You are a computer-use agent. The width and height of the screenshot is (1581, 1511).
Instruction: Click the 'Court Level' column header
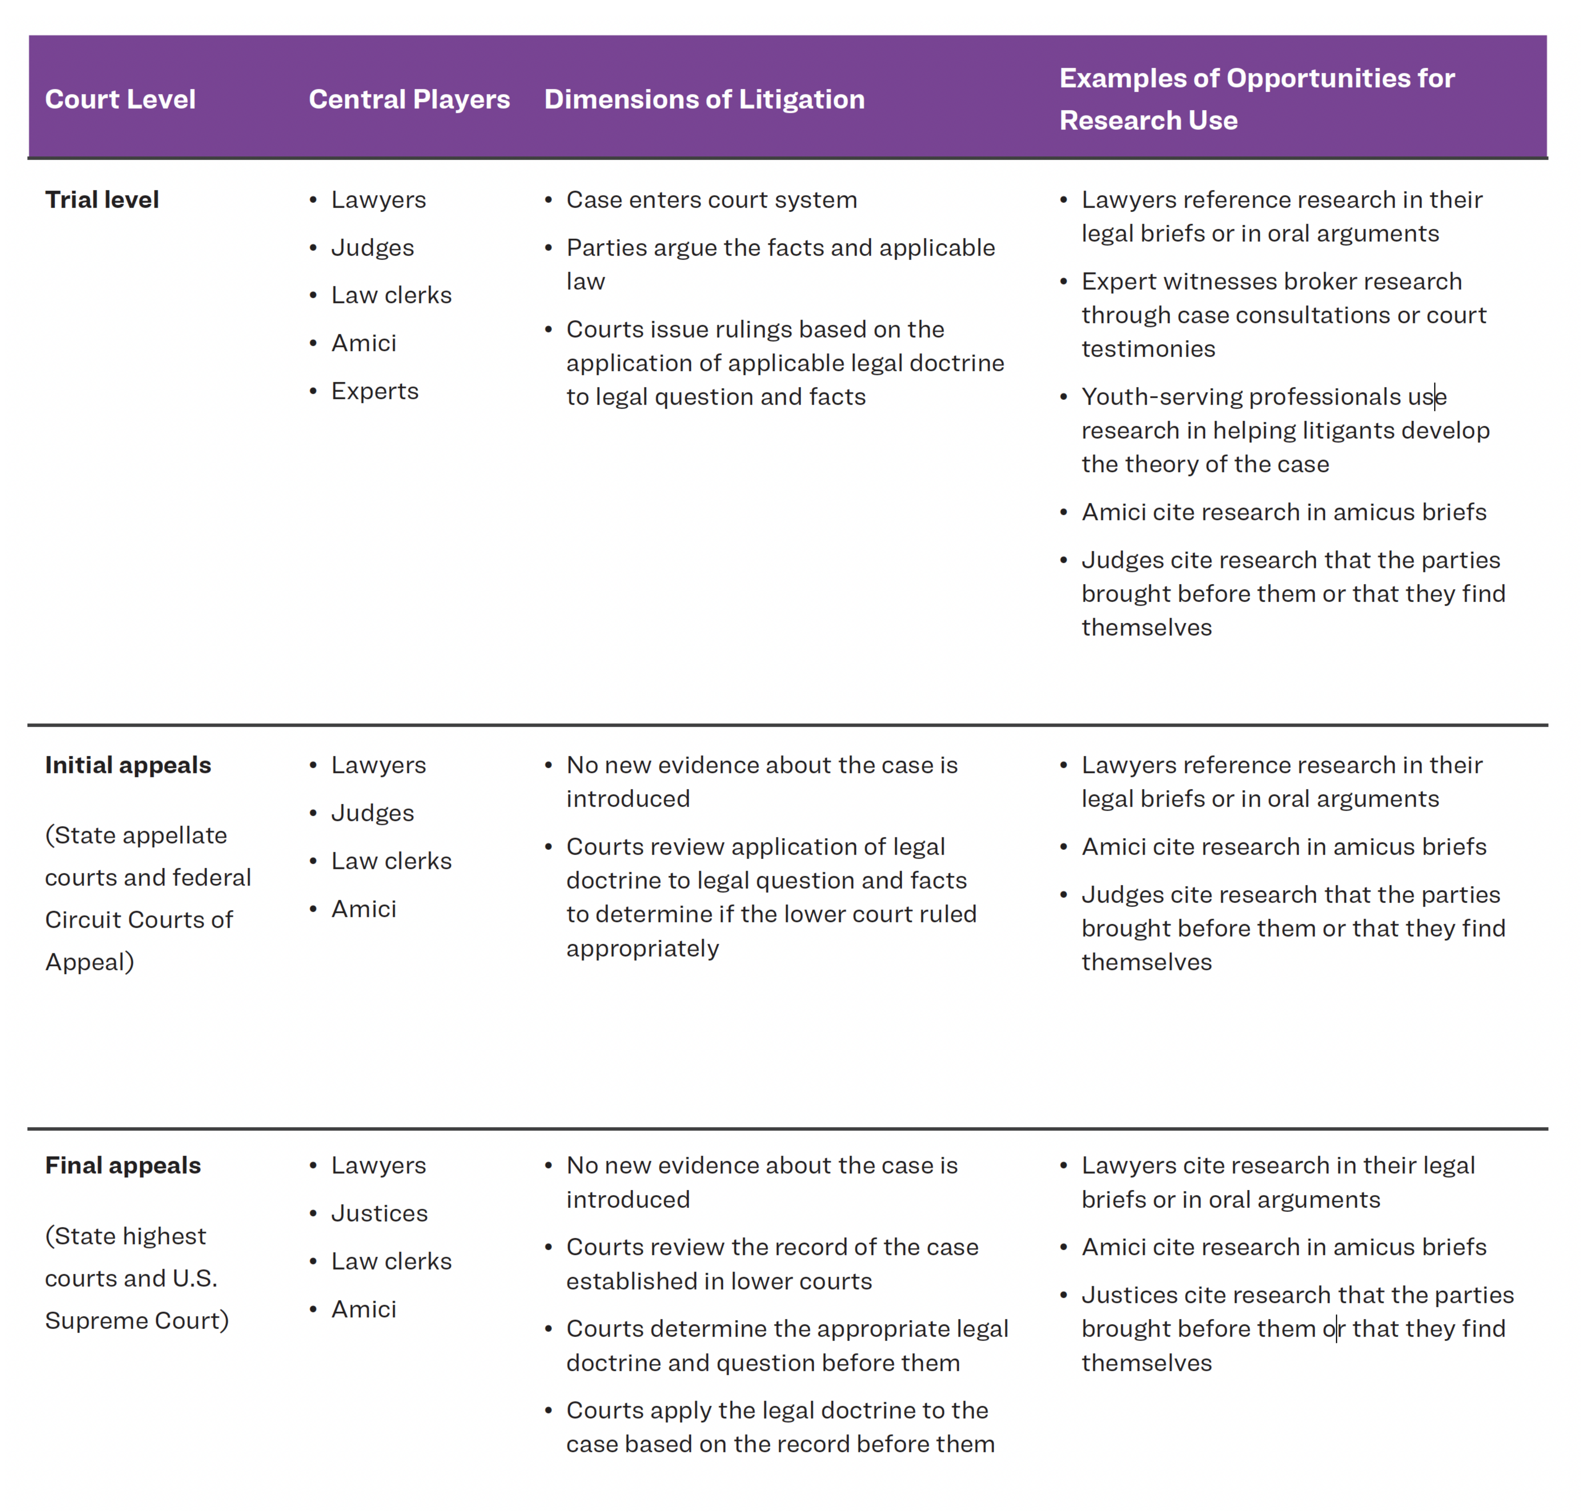[120, 99]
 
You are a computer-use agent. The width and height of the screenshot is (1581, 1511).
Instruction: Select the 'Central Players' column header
[409, 99]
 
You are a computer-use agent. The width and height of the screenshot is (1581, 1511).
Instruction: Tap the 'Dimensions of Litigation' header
[704, 99]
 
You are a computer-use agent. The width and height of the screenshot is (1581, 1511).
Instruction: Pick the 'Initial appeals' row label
[128, 765]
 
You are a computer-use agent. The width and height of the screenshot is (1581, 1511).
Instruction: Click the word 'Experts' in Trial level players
[374, 391]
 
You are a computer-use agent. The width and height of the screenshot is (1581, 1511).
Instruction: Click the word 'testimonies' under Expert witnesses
[1148, 349]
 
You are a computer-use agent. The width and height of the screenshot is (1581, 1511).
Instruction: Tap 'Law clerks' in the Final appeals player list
[392, 1261]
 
